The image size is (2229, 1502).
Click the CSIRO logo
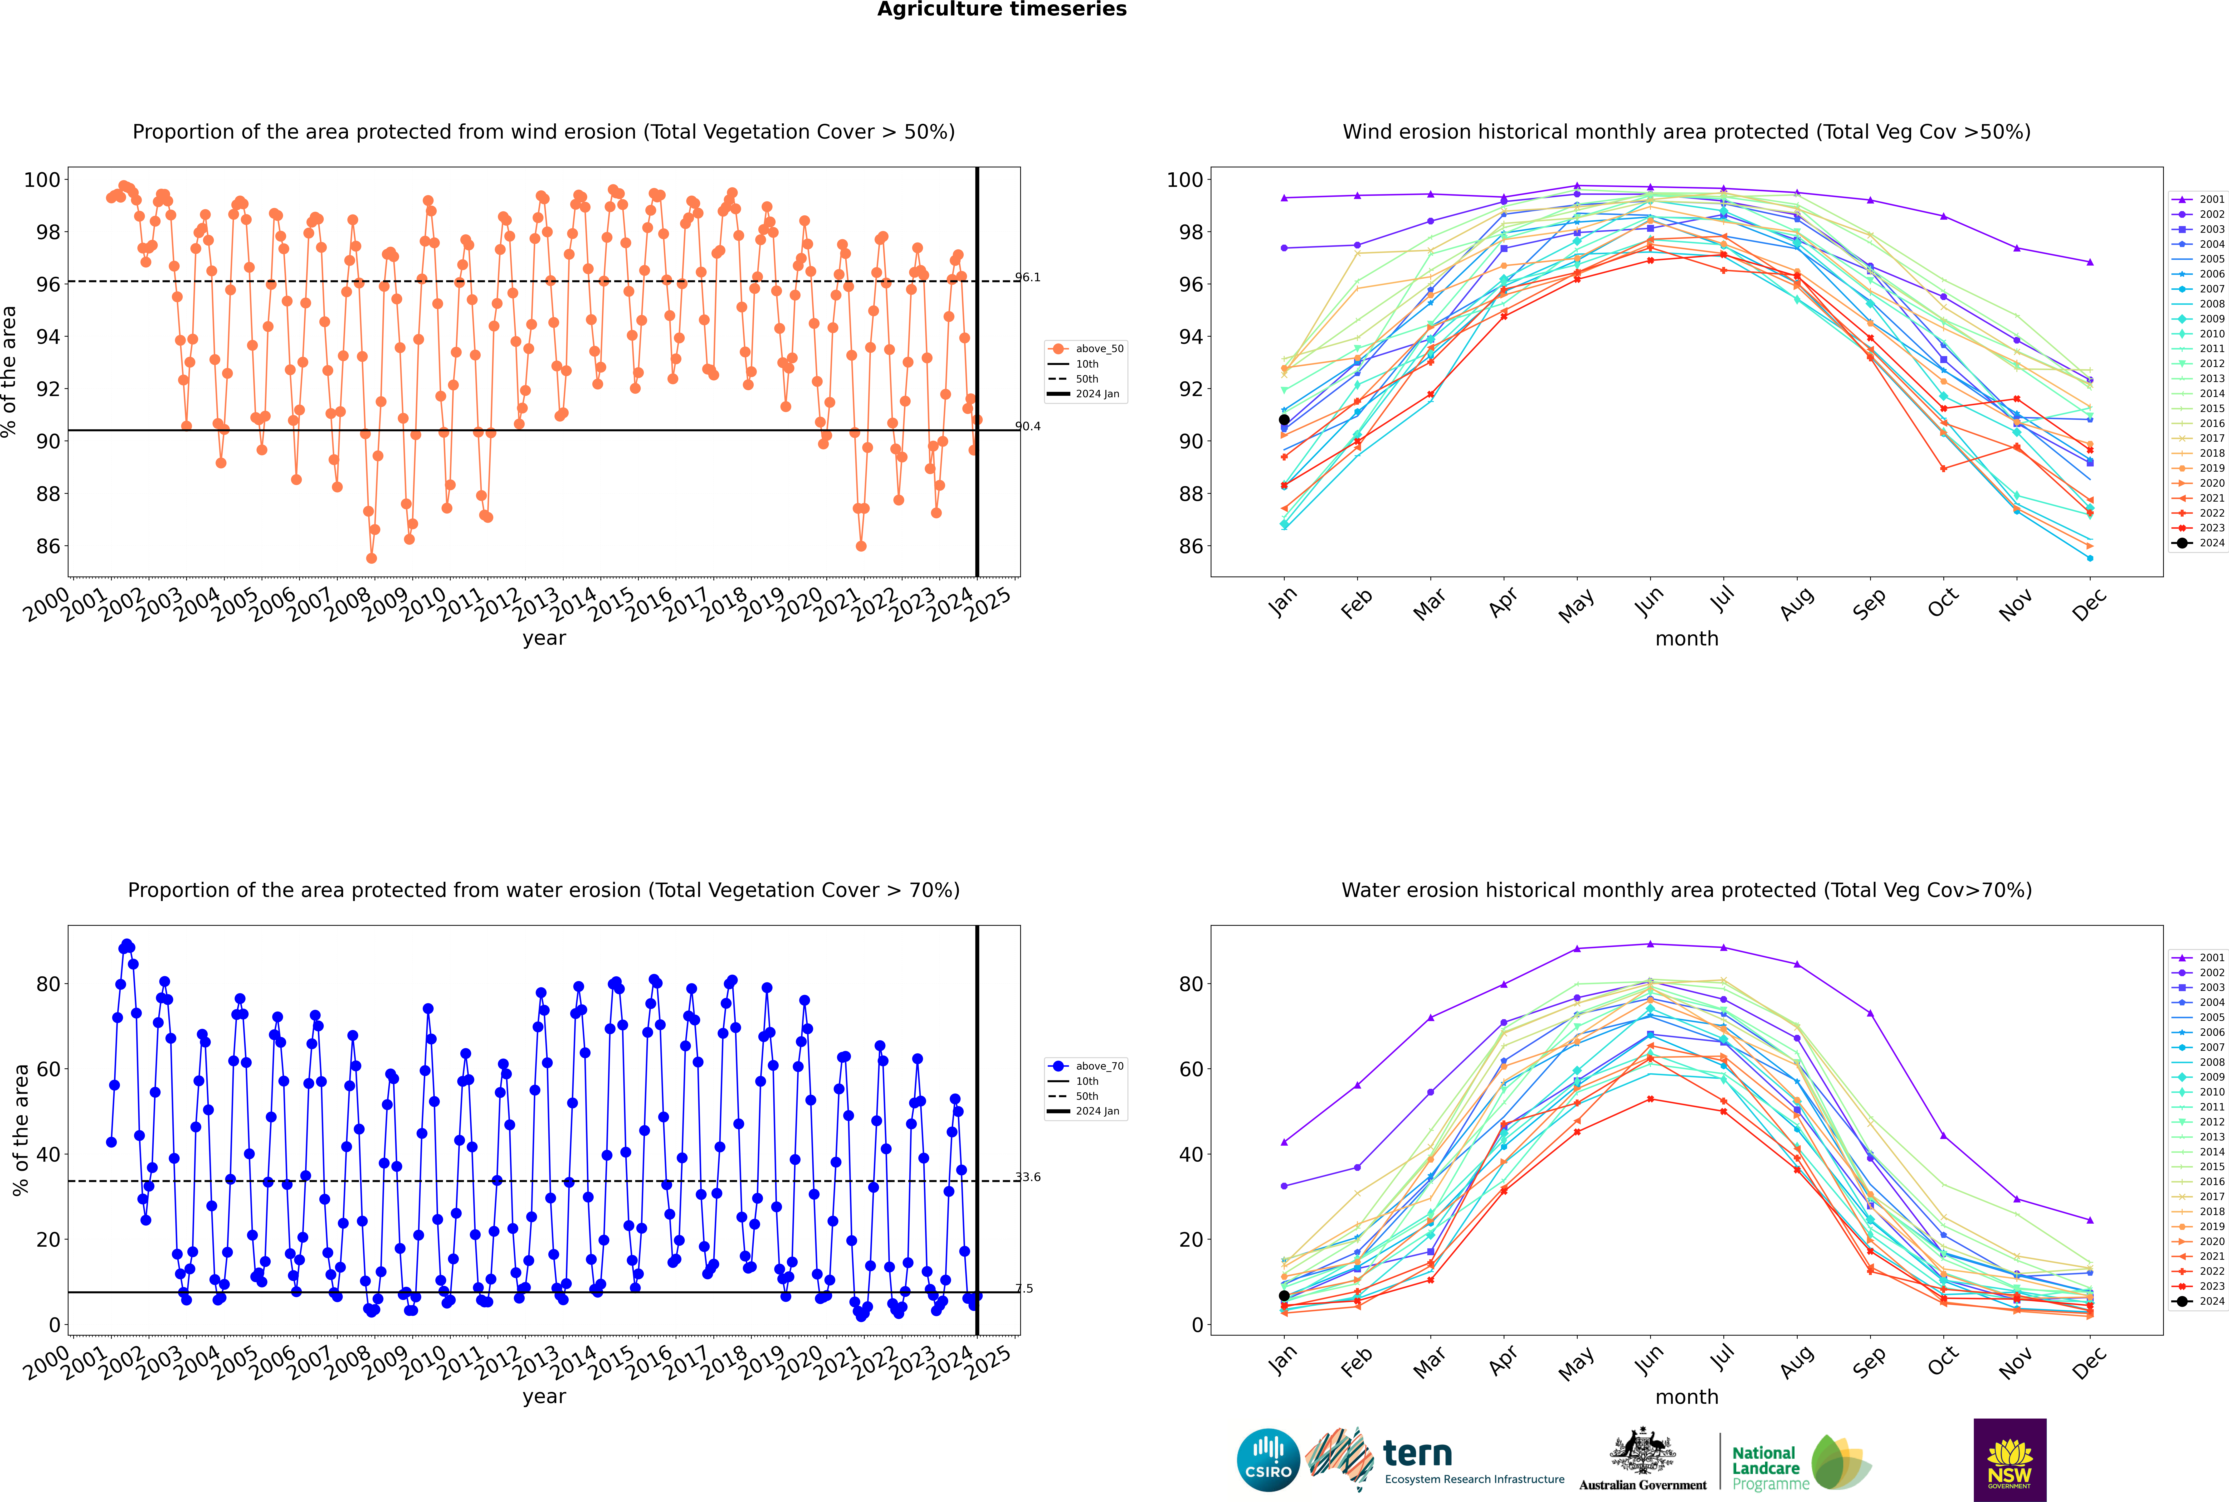click(x=1268, y=1460)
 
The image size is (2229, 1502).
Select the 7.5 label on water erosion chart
click(x=1024, y=1288)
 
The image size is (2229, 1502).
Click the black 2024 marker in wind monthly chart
click(x=1284, y=420)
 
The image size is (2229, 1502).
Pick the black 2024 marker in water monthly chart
click(x=1284, y=1296)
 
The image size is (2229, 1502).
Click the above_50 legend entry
click(x=1086, y=349)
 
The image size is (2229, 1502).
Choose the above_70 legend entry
click(x=1086, y=1066)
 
